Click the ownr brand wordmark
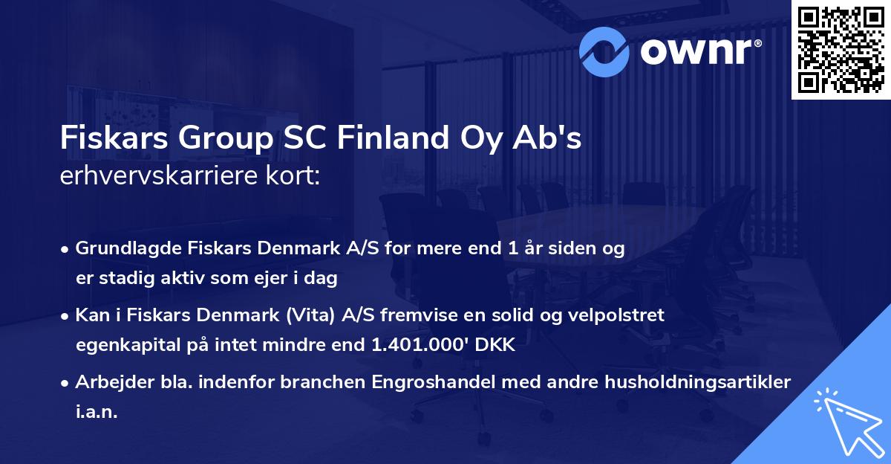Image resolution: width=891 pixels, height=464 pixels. (699, 50)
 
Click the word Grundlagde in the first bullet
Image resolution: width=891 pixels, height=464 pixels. (120, 249)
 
